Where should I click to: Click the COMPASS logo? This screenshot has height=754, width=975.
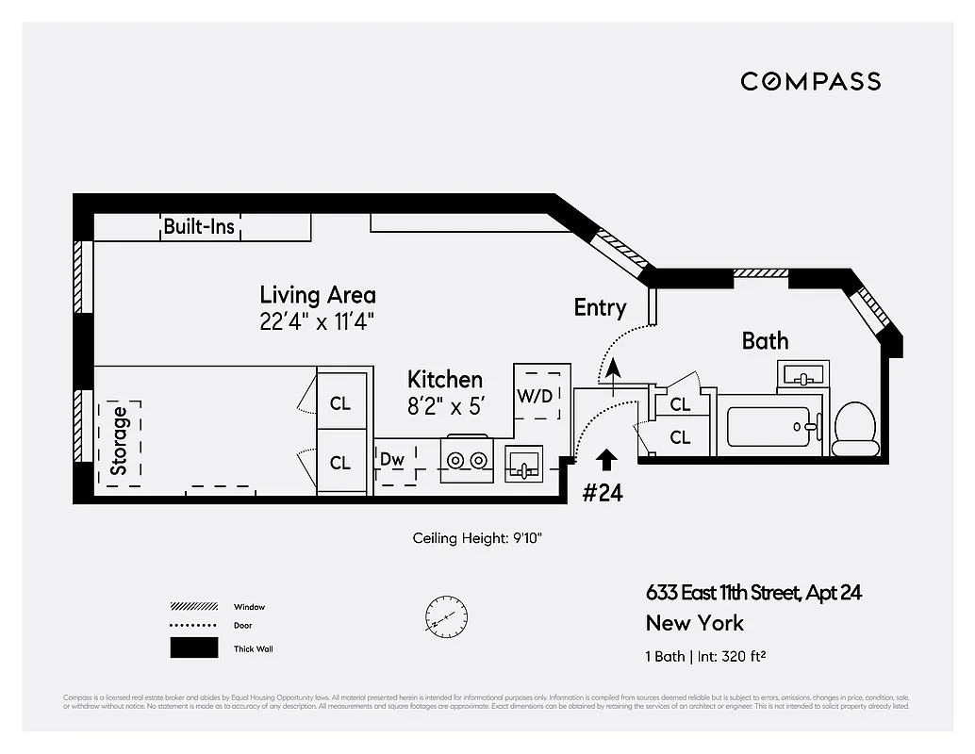[810, 81]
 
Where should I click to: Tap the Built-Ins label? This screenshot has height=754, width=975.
[199, 226]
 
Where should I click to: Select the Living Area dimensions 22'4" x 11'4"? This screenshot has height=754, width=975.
[318, 321]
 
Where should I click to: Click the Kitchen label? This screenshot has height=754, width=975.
[445, 380]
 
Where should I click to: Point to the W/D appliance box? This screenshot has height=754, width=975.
[535, 395]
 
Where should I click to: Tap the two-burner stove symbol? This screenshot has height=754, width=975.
[465, 460]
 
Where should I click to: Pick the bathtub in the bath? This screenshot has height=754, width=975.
[768, 427]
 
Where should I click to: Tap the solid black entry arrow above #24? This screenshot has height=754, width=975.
[606, 459]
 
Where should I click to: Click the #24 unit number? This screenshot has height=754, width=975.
[603, 492]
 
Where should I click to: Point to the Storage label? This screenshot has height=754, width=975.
[119, 441]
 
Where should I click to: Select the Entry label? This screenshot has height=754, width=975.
[600, 307]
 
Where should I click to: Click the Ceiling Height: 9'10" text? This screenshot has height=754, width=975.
[477, 538]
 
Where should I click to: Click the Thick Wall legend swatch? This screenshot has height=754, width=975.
[193, 648]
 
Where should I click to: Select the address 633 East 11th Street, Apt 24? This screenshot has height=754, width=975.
[753, 593]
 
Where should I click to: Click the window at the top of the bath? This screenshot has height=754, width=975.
[760, 273]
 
